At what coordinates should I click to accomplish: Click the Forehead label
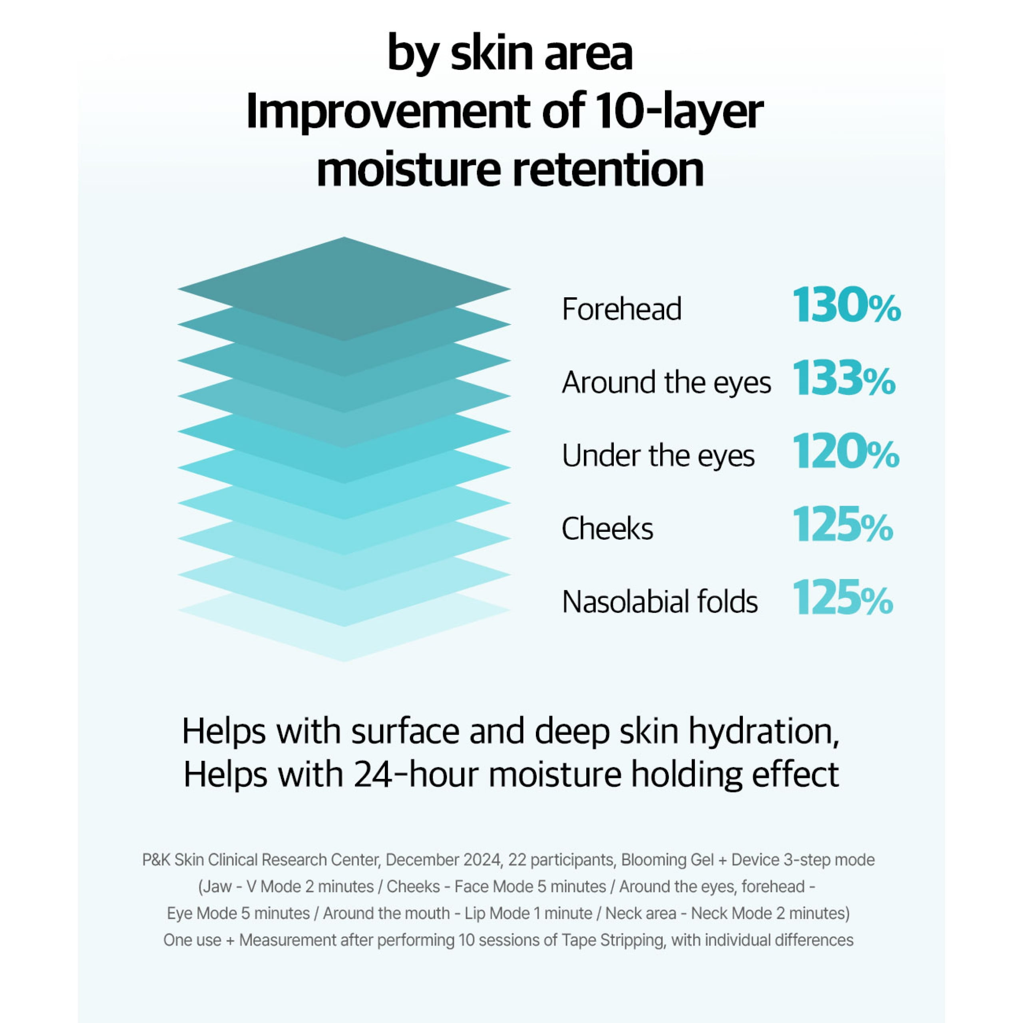(x=622, y=309)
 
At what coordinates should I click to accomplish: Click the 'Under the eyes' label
(x=658, y=456)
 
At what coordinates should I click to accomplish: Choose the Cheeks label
(x=607, y=528)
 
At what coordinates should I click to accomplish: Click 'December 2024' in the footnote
(x=443, y=860)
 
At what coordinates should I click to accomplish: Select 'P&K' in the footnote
(x=156, y=860)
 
